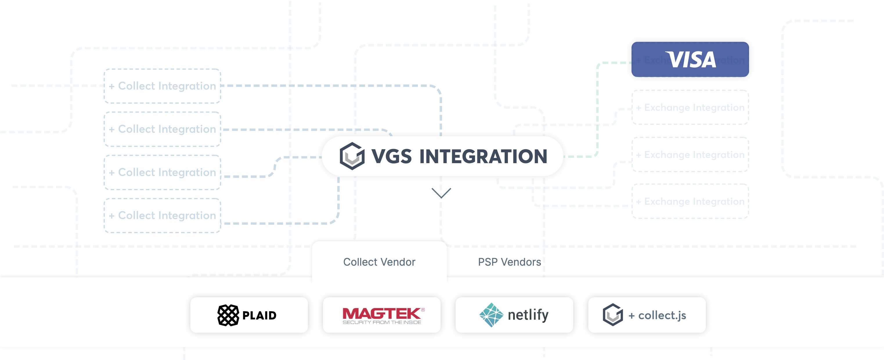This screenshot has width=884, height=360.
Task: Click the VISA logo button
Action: point(690,59)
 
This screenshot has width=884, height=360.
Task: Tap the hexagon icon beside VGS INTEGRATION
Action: point(352,156)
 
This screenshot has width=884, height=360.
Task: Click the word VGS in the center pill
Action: point(391,156)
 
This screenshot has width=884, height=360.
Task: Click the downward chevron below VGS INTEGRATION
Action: point(441,193)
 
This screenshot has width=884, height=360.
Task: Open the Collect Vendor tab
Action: point(379,262)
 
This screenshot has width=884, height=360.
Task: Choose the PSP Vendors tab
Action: point(509,262)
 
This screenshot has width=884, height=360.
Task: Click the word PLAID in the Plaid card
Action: point(259,315)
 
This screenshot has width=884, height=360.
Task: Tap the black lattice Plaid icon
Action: point(228,315)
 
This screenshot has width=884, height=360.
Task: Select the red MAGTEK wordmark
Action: point(382,313)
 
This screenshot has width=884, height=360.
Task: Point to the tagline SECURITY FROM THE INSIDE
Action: point(382,322)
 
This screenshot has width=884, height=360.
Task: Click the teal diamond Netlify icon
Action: point(491,315)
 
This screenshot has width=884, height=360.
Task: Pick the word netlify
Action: point(528,315)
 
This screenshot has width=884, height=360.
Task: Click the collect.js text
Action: point(662,315)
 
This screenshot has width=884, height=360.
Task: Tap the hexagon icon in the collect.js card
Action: point(613,315)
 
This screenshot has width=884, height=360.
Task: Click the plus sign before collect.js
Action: point(632,316)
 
